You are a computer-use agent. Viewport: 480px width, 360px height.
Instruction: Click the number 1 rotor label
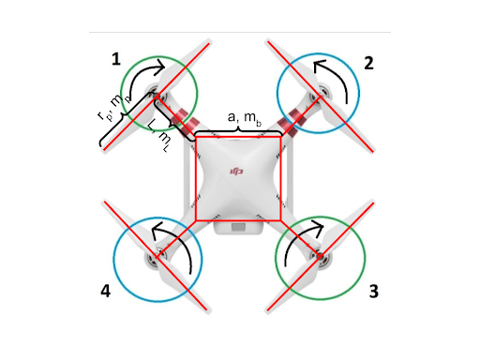[x=116, y=59]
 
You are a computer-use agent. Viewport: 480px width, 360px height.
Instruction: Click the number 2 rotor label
[x=368, y=64]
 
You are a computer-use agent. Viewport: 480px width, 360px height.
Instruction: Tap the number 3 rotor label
[x=373, y=291]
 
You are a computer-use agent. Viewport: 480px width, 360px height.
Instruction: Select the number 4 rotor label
[x=105, y=291]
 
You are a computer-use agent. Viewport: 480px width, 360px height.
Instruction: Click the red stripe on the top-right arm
[x=296, y=118]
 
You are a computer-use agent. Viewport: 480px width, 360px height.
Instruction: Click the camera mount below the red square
[x=238, y=228]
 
